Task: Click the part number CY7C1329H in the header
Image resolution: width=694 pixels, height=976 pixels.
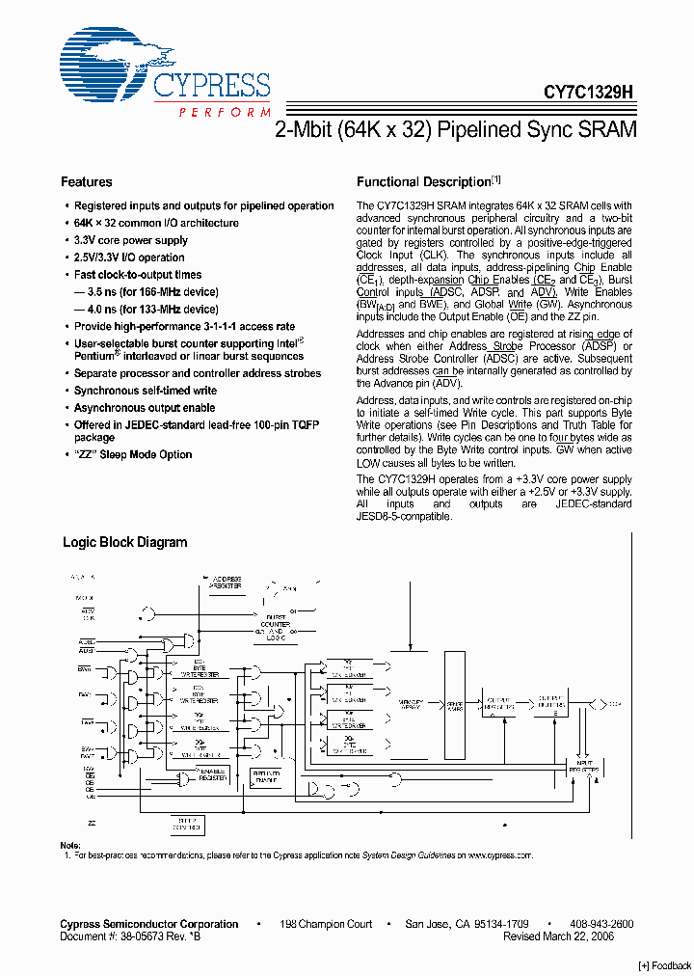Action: pyautogui.click(x=588, y=92)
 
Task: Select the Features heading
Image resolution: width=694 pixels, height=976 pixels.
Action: pyautogui.click(x=87, y=182)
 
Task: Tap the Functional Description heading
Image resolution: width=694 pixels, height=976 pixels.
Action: pyautogui.click(x=424, y=182)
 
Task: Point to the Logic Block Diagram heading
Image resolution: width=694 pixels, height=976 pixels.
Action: pyautogui.click(x=125, y=543)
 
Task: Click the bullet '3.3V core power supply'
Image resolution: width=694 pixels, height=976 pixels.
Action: pyautogui.click(x=131, y=241)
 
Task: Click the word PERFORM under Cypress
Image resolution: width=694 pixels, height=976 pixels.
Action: pyautogui.click(x=225, y=113)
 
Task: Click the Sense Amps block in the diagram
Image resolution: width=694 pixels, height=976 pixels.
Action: pyautogui.click(x=454, y=705)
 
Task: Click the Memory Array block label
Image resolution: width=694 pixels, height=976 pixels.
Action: pyautogui.click(x=413, y=705)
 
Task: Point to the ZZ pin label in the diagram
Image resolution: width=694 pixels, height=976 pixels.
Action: pyautogui.click(x=92, y=823)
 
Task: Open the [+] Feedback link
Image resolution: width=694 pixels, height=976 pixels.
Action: pyautogui.click(x=665, y=965)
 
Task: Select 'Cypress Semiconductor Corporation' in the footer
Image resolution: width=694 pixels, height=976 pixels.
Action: pyautogui.click(x=149, y=924)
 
